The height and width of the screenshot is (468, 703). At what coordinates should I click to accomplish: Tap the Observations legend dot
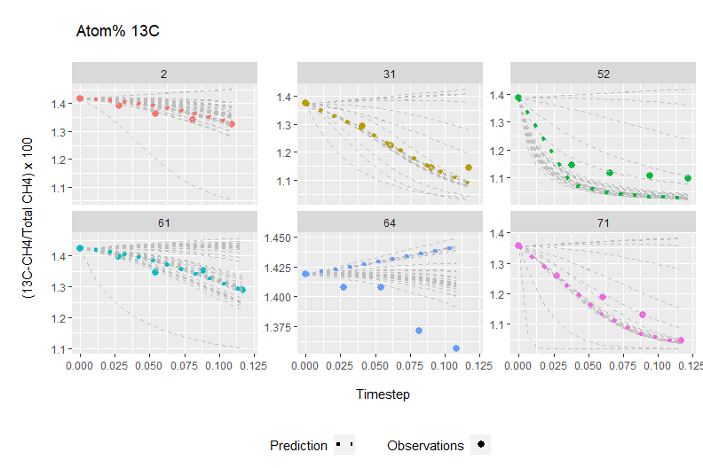[x=481, y=445]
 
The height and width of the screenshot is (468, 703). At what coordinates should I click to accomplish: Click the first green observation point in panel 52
[x=518, y=97]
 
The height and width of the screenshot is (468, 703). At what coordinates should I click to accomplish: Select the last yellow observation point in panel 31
[x=469, y=168]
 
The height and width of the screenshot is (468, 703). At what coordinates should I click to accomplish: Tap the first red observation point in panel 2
[x=80, y=98]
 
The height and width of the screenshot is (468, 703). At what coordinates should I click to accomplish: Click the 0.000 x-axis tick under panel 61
[x=80, y=364]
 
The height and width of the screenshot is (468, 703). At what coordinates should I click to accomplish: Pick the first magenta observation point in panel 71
[x=518, y=246]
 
